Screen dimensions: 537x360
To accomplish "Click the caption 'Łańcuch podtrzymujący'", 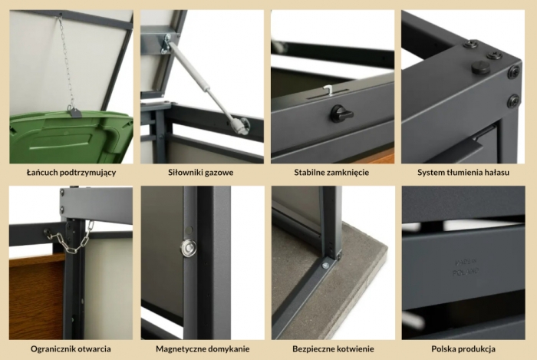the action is point(71,172).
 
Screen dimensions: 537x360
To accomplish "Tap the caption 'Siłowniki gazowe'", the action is point(201,172).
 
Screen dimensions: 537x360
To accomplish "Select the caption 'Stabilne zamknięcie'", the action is point(331,172).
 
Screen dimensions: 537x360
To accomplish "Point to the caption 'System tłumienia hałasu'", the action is point(463,172).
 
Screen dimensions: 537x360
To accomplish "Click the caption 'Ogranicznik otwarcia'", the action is point(71,349).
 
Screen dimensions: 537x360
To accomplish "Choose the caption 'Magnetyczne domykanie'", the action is point(203,349).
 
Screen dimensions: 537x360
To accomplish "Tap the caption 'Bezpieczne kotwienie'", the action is point(333,349).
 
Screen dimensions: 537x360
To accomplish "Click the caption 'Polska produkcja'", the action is point(463,349).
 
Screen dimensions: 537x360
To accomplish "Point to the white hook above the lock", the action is point(328,90).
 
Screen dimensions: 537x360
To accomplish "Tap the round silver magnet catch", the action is point(189,247).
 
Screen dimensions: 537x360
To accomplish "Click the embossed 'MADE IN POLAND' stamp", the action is point(466,267).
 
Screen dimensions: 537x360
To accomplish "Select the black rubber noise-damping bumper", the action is point(481,67).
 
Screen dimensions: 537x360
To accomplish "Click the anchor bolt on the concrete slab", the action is point(325,265).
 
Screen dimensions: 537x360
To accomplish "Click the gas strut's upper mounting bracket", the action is point(167,44).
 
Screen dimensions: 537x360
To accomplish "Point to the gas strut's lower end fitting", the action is point(241,124).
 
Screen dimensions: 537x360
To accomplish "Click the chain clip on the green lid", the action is point(74,111).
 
